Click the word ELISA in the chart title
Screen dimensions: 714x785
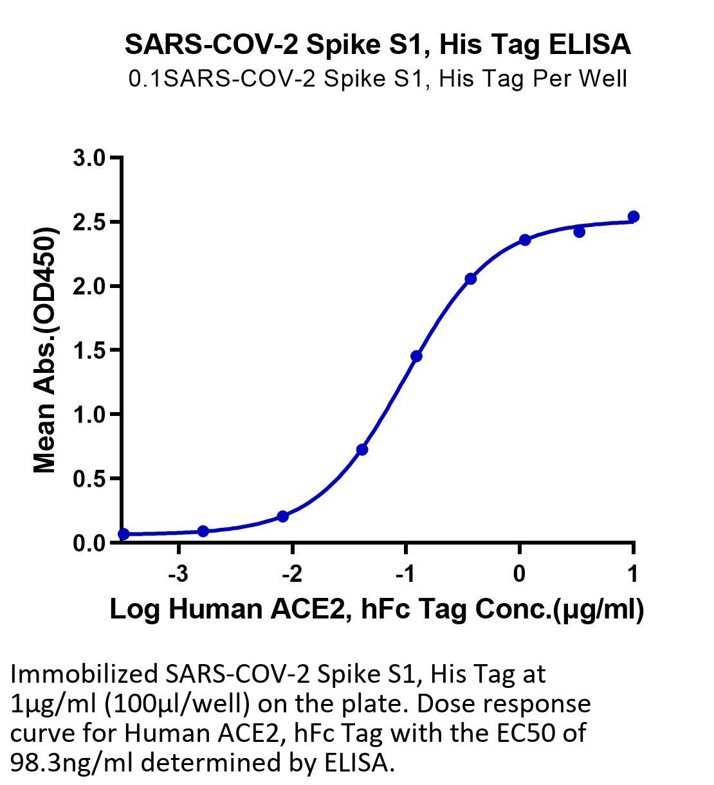pyautogui.click(x=589, y=44)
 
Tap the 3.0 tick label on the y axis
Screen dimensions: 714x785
pyautogui.click(x=89, y=158)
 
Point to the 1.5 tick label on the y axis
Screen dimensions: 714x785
pyautogui.click(x=89, y=350)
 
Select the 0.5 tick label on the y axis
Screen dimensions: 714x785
pyautogui.click(x=89, y=478)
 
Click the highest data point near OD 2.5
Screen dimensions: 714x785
pyautogui.click(x=634, y=217)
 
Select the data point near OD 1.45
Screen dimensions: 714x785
pyautogui.click(x=416, y=356)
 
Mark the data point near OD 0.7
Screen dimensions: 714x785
pyautogui.click(x=362, y=449)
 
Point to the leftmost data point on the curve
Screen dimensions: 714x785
pyautogui.click(x=124, y=534)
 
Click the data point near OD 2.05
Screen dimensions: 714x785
pyautogui.click(x=471, y=278)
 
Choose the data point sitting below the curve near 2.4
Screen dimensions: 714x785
pyautogui.click(x=580, y=232)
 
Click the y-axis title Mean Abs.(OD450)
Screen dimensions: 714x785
pyautogui.click(x=46, y=350)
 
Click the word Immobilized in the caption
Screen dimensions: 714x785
pyautogui.click(x=84, y=674)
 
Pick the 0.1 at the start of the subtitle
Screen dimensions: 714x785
pyautogui.click(x=145, y=78)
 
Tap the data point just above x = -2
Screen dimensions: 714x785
pyautogui.click(x=282, y=516)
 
